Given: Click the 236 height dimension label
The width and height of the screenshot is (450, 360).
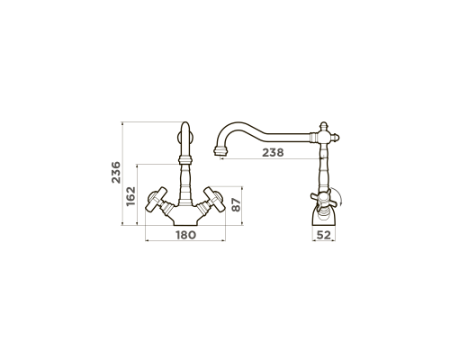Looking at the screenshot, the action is (116, 173).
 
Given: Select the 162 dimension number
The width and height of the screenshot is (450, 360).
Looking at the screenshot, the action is (130, 196).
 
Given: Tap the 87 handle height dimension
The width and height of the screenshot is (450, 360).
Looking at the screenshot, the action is (237, 205).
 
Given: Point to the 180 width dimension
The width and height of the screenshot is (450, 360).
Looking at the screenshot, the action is (185, 235).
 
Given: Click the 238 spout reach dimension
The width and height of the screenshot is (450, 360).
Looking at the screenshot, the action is (273, 152).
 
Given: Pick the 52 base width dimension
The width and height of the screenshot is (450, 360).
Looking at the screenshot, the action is (324, 235).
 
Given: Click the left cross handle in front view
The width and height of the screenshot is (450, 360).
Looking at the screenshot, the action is (156, 199).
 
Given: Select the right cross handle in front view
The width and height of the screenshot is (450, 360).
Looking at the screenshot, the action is (214, 199).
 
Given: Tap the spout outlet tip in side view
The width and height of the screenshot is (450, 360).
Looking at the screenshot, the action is (220, 151).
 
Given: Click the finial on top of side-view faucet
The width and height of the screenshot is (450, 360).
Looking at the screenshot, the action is (323, 126).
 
